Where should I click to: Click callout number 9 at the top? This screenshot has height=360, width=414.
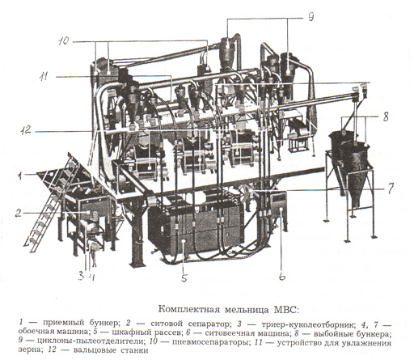[x=310, y=17]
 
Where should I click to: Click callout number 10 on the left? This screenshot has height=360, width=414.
[x=64, y=41]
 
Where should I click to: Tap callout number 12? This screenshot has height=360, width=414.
[x=26, y=131]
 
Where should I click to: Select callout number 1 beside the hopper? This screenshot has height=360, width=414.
[x=19, y=176]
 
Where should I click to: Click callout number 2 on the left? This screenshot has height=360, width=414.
[x=18, y=214]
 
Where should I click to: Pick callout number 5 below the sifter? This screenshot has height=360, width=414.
[x=184, y=277]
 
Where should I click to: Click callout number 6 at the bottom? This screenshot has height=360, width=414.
[x=282, y=277]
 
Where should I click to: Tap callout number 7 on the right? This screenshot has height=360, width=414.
[x=391, y=188]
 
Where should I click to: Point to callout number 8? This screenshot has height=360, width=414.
[x=386, y=117]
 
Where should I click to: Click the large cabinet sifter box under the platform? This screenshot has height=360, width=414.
[x=196, y=225]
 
